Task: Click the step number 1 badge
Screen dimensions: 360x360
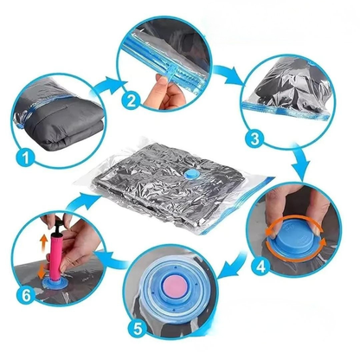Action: coord(26,157)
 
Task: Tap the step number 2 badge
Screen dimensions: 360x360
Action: coord(132,100)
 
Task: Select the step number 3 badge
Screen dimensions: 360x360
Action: coord(254,139)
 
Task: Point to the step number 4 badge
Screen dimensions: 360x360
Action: coord(260,267)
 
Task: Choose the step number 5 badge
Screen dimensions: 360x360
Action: coord(138,329)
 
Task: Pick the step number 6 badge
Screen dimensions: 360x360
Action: coord(26,295)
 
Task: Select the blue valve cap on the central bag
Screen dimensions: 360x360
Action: coord(190,174)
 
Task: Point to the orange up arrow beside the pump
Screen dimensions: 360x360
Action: coord(43,241)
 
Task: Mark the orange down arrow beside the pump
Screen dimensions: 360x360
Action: coord(42,272)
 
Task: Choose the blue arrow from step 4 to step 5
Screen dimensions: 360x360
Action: coord(233,266)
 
